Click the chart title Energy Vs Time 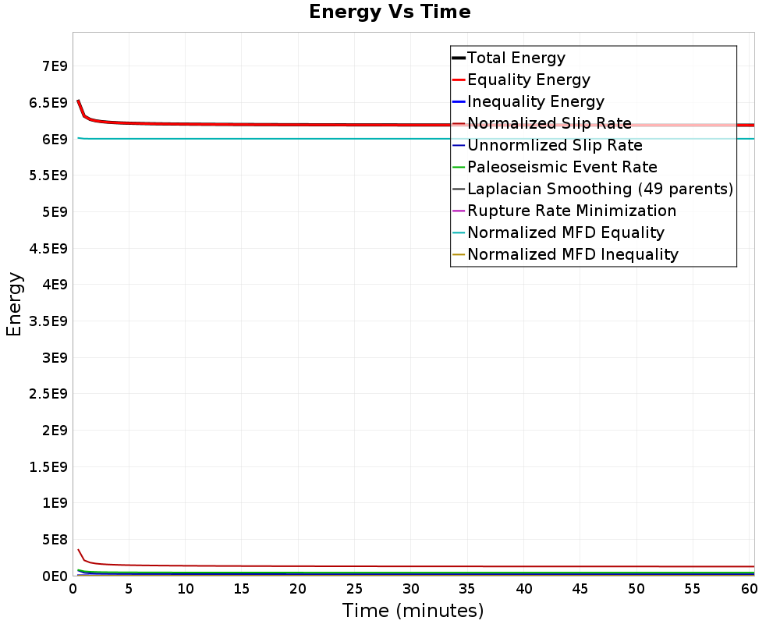390,12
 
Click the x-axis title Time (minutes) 413,610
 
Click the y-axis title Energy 13,304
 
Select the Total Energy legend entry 516,58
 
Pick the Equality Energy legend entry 528,80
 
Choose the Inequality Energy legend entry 535,101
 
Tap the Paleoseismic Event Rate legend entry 562,167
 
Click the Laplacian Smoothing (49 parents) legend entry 600,189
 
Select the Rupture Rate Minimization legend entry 571,211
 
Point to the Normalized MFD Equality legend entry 565,232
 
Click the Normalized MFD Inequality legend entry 573,254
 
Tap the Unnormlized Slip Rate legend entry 555,145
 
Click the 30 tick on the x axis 411,589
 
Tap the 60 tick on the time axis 749,589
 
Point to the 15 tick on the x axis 242,589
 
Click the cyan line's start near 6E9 78,138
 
